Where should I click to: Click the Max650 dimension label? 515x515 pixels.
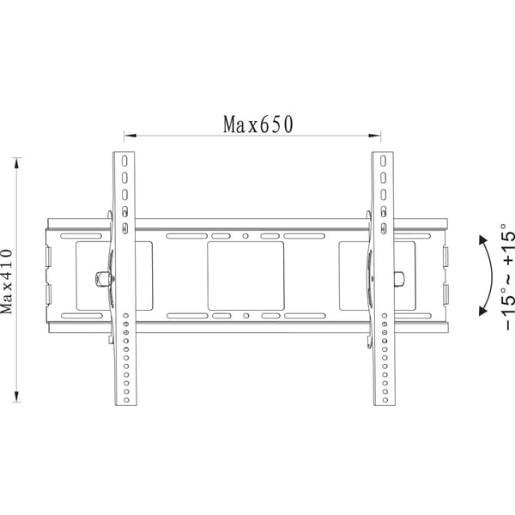pos(257,124)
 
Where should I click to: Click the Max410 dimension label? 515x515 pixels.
pos(6,282)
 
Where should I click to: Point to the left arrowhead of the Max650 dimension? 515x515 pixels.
pos(130,136)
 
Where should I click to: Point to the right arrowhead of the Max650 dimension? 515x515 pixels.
pos(374,136)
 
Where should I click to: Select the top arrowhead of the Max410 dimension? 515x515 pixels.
pos(17,164)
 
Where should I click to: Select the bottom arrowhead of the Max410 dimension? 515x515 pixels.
pos(17,396)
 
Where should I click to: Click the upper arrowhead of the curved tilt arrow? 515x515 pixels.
pos(482,240)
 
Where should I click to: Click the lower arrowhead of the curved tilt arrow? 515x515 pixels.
pos(482,311)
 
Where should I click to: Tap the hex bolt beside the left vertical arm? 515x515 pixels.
pos(101,279)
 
